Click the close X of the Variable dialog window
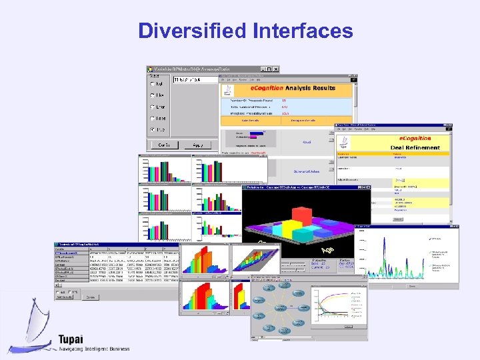(276, 69)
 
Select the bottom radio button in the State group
(153, 129)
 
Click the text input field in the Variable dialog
(195, 79)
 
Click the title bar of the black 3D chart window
(300, 187)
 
